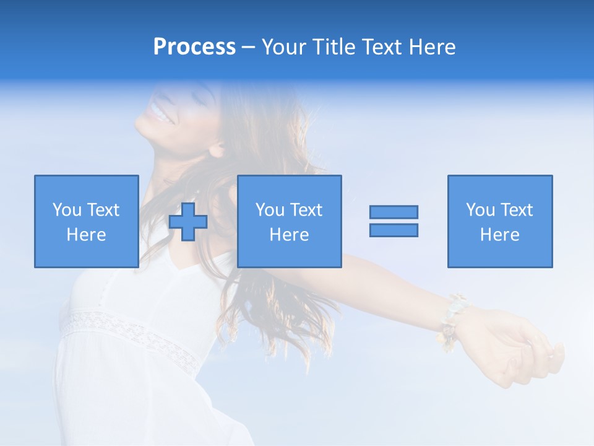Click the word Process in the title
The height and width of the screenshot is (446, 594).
(194, 47)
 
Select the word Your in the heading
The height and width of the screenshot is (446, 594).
(283, 47)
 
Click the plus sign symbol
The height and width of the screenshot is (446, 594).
(188, 221)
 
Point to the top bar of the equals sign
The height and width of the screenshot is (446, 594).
(394, 212)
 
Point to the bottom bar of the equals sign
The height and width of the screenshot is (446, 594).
(394, 230)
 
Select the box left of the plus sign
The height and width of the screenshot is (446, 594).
(86, 221)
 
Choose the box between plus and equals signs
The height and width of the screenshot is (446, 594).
(289, 221)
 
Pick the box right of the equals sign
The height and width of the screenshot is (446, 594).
(499, 221)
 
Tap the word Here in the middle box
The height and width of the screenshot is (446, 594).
(289, 235)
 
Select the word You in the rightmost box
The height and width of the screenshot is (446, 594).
(480, 210)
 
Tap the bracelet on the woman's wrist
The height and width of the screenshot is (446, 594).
(450, 317)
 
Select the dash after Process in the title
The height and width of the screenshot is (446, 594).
(248, 48)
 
